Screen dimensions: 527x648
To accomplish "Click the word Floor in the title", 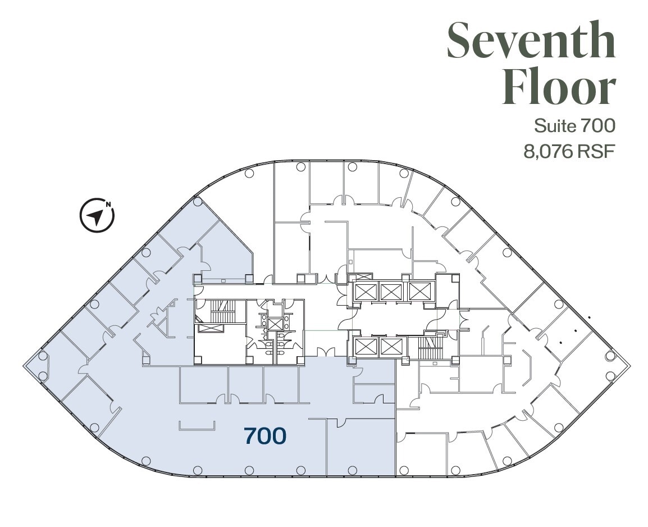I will click(559, 88).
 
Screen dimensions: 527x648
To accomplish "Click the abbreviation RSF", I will click(594, 152).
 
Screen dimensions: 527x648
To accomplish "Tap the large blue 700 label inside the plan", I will click(265, 435).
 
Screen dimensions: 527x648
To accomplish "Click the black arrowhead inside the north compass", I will click(96, 216).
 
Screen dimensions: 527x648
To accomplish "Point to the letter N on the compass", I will click(108, 205).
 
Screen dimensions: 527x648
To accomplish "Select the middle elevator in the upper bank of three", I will click(390, 291).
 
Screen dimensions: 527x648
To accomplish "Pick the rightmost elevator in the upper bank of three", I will click(419, 291).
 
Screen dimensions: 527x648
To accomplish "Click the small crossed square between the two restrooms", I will click(275, 324).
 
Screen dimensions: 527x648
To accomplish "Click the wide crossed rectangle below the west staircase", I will click(212, 329).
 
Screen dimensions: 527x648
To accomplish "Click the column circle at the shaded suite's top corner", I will click(197, 201).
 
